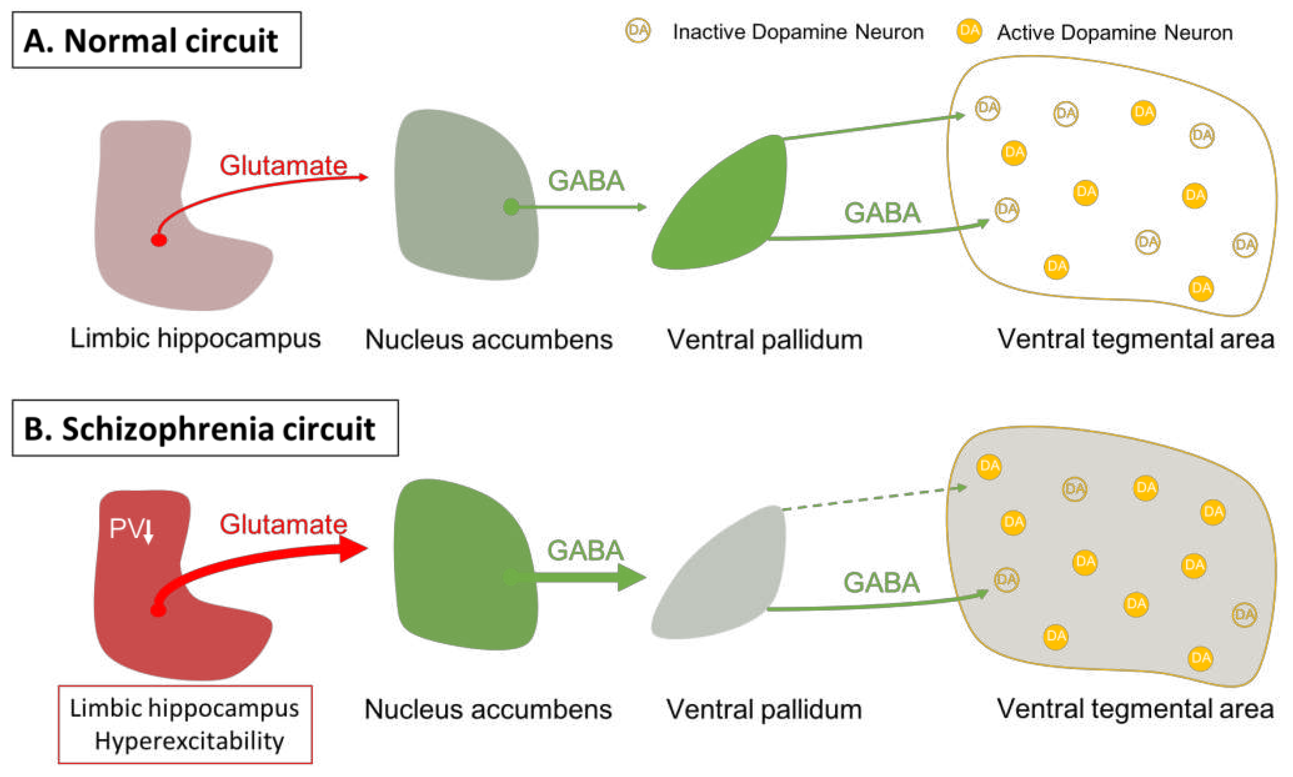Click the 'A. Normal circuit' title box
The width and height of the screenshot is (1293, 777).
point(156,40)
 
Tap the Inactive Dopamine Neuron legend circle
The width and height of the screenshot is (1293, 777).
point(637,30)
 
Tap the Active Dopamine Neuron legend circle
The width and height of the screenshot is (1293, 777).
point(968,30)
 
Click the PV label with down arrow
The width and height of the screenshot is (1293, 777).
point(131,529)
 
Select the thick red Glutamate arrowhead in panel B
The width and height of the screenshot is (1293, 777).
point(353,548)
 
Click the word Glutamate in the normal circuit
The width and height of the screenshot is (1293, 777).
point(283,166)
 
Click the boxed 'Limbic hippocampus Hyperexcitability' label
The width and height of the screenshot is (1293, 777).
point(184,724)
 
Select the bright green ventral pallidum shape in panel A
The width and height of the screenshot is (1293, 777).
point(728,210)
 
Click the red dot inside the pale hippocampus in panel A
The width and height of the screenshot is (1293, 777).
point(159,240)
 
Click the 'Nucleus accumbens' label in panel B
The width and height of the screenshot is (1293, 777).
point(488,710)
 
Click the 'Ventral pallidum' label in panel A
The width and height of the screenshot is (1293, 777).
point(764,339)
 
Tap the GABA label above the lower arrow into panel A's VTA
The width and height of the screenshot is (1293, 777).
point(881,213)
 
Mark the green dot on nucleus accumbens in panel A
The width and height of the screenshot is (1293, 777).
point(511,207)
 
